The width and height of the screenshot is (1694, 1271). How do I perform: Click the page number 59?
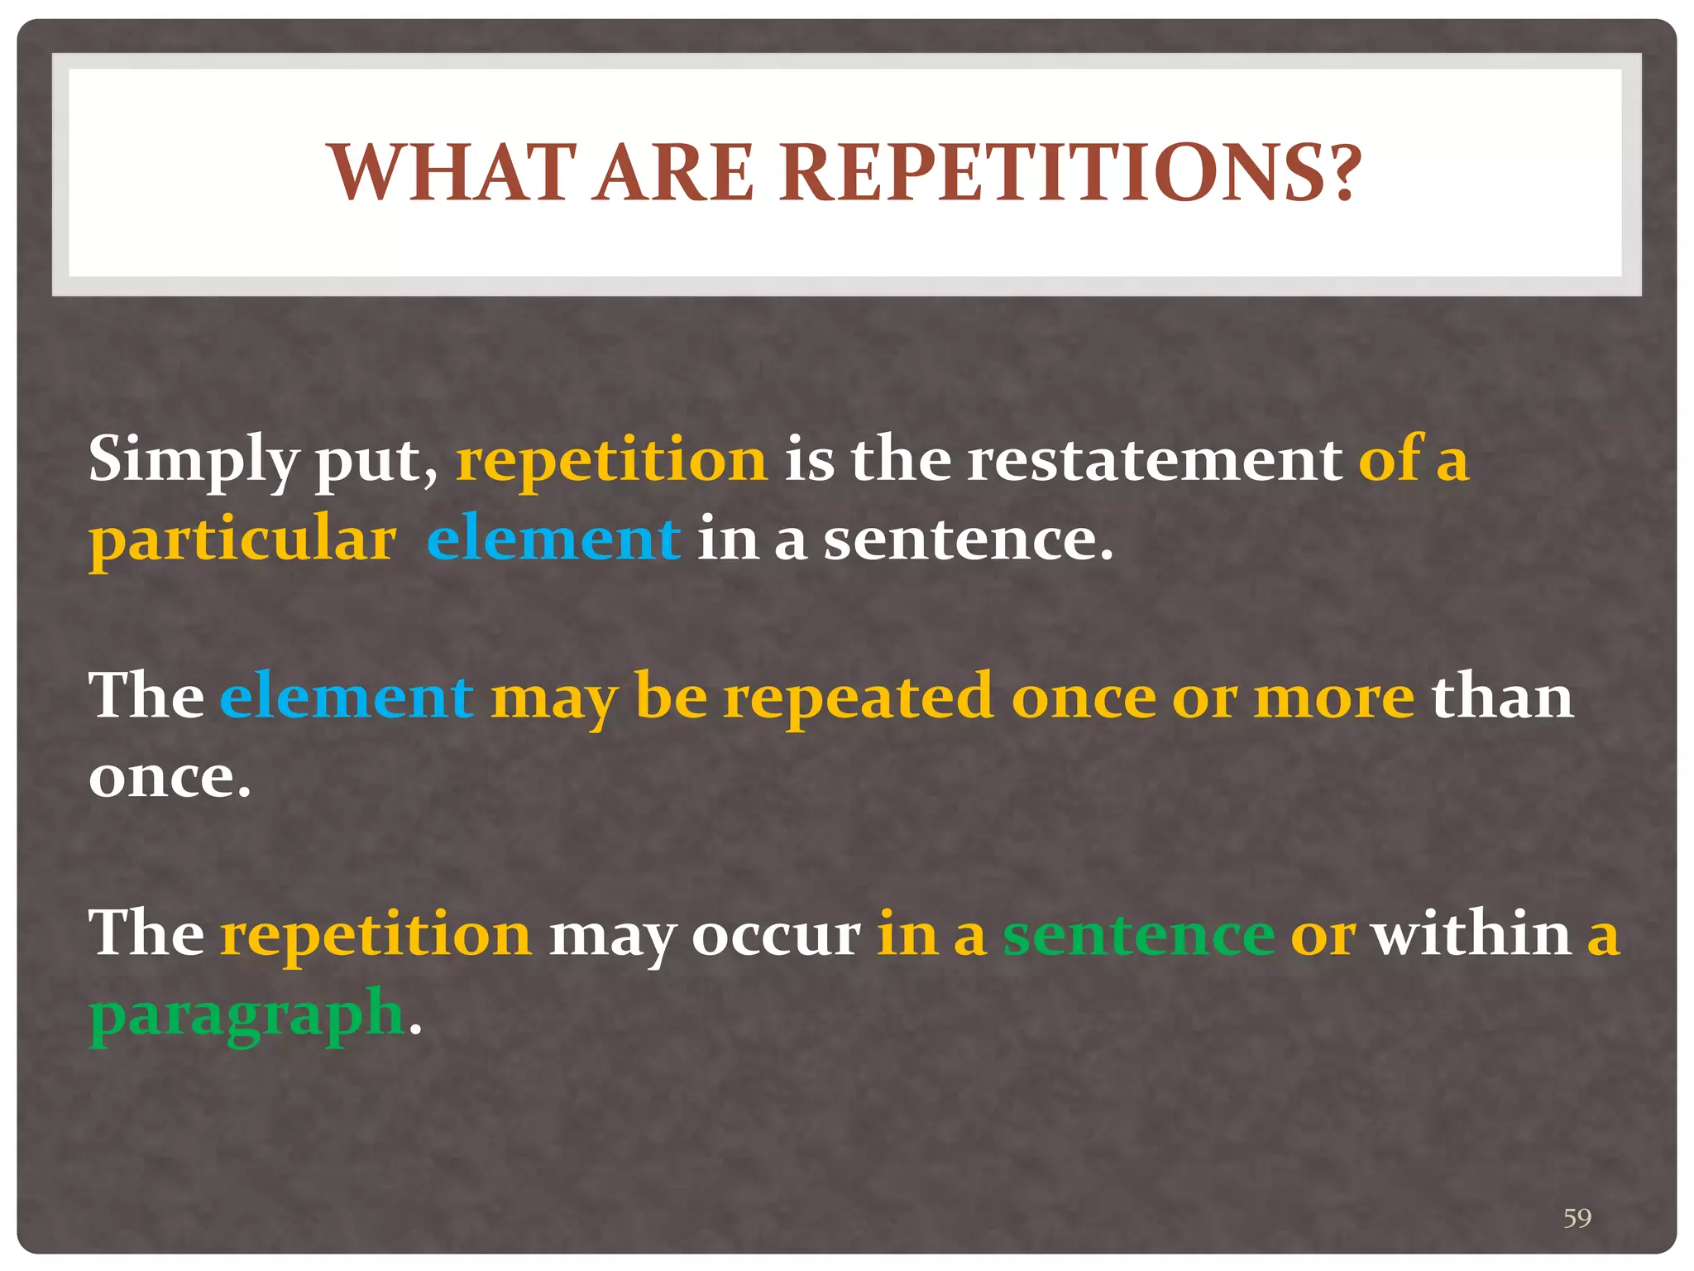click(1577, 1217)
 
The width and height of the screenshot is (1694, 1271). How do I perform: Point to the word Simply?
click(193, 460)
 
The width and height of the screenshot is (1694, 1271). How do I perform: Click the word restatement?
click(1154, 458)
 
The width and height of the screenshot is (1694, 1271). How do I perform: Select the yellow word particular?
click(242, 540)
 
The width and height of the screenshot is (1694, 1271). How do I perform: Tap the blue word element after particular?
click(553, 538)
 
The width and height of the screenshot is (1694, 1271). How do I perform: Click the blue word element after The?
click(346, 696)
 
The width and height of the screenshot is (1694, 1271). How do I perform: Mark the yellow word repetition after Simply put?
click(611, 460)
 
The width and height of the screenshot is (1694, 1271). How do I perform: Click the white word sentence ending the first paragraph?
click(967, 540)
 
